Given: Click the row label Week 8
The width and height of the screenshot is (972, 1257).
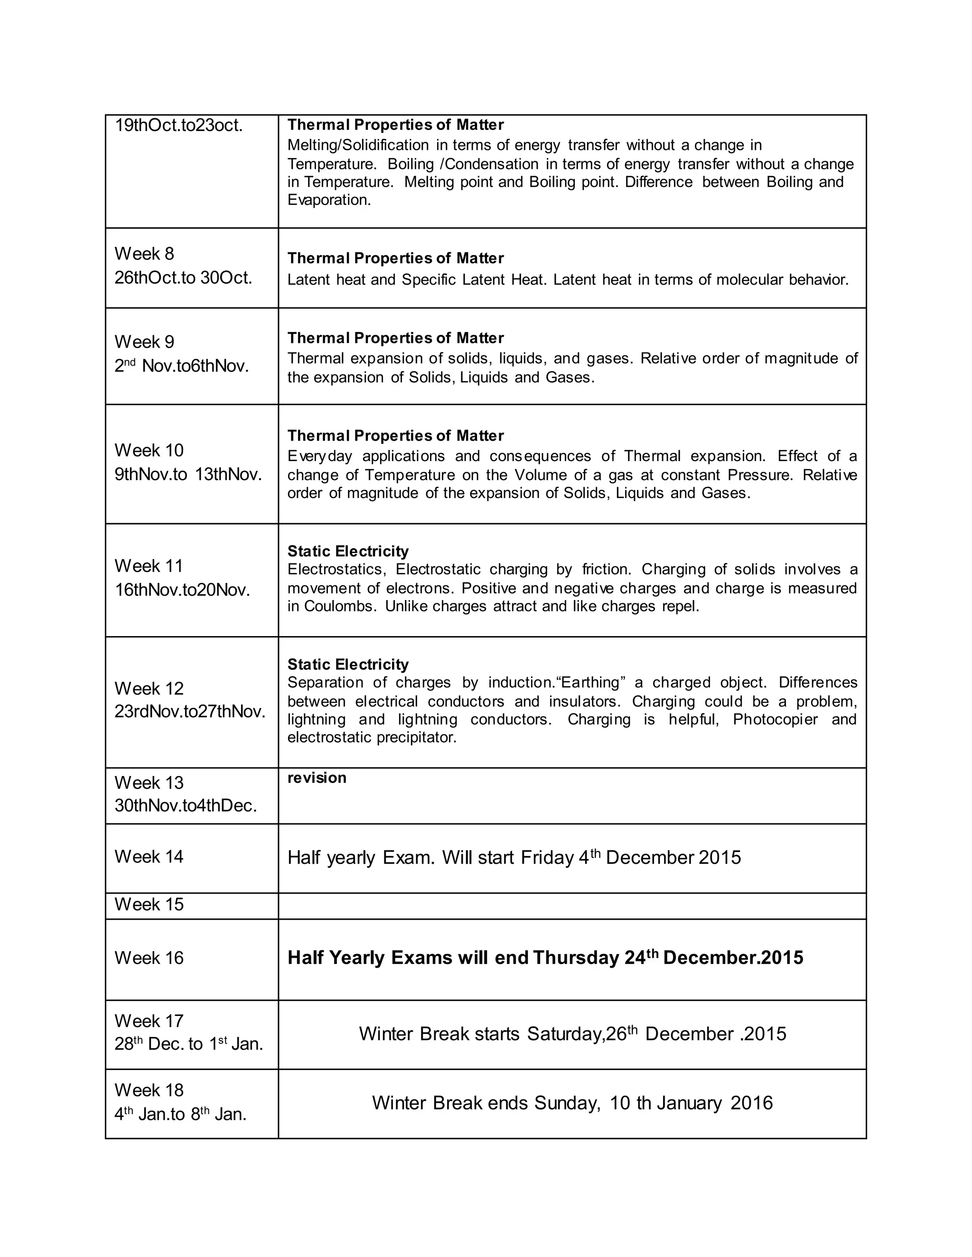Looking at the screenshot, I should (144, 254).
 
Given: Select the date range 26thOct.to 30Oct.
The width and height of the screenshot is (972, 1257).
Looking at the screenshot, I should (183, 278).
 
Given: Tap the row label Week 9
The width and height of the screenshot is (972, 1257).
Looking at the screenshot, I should (144, 342).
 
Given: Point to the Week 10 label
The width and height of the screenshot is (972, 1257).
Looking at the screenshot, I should (149, 450).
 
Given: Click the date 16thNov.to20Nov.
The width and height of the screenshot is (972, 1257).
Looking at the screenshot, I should (182, 590).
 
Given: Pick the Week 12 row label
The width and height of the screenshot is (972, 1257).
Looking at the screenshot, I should (149, 688).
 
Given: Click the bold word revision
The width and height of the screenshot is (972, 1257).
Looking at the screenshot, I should (317, 778).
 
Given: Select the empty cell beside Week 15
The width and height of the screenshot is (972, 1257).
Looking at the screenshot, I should (572, 906).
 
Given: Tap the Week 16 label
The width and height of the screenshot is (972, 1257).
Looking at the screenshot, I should (149, 958).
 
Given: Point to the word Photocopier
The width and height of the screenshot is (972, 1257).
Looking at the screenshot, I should (775, 720).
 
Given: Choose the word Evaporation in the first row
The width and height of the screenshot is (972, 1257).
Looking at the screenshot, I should (329, 200).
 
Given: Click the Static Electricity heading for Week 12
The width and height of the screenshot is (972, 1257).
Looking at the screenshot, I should (348, 665).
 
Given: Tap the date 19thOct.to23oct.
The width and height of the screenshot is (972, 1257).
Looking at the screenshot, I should (178, 126).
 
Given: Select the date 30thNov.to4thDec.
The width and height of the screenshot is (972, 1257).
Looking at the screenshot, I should (186, 806).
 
